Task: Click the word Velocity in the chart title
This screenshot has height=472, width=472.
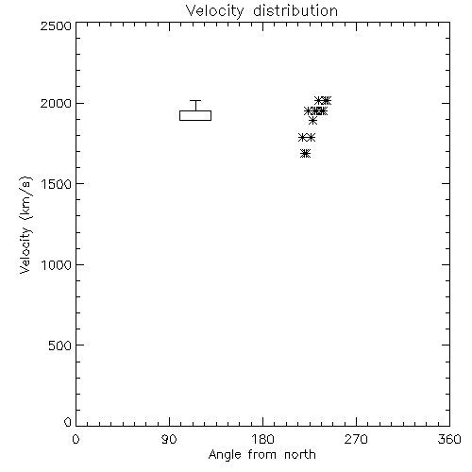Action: (x=215, y=11)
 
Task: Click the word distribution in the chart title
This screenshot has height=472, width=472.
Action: (x=295, y=10)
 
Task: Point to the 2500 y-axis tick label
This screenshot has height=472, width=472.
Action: (x=56, y=25)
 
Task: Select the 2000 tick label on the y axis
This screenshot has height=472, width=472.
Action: (x=56, y=103)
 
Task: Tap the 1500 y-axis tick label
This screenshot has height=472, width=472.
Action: (x=57, y=184)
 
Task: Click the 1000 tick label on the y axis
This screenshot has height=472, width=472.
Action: (x=57, y=265)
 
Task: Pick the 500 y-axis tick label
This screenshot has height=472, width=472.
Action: (x=60, y=346)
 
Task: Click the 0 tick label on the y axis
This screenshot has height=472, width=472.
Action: (x=68, y=422)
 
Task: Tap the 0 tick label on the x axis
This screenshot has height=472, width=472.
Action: (x=76, y=439)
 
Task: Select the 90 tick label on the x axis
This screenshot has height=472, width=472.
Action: (x=169, y=439)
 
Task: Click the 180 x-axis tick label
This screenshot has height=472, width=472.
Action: (x=262, y=439)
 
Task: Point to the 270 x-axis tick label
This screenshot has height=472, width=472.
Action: (x=356, y=439)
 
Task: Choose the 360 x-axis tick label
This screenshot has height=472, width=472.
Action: (x=449, y=439)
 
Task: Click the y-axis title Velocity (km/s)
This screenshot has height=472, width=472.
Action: (x=25, y=225)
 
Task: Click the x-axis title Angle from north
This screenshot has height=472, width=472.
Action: (x=262, y=455)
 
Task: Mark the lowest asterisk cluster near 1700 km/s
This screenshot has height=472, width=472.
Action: (x=305, y=154)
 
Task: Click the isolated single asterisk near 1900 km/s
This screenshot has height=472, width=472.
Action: (x=312, y=120)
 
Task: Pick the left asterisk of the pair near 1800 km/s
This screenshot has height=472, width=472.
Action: (x=303, y=138)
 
